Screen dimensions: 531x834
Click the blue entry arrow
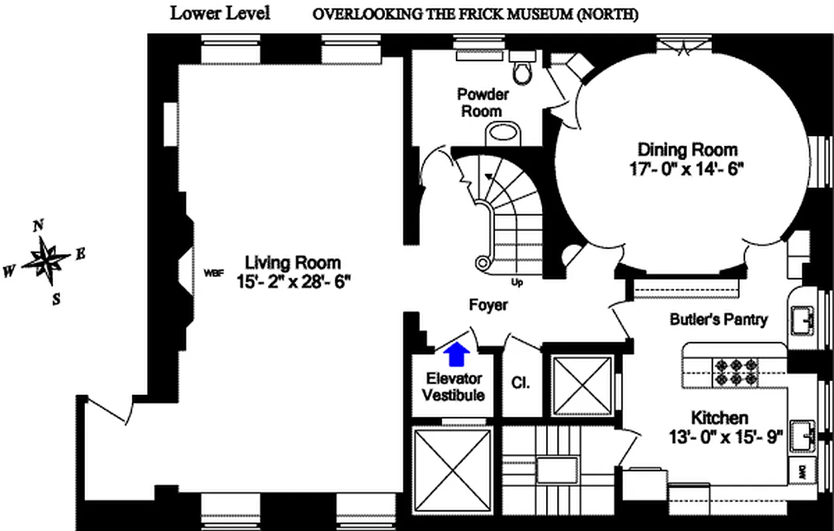pyautogui.click(x=456, y=354)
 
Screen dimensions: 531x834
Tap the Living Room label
pyautogui.click(x=293, y=262)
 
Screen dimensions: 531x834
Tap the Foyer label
pyautogui.click(x=488, y=305)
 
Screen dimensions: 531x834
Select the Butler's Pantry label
pyautogui.click(x=718, y=319)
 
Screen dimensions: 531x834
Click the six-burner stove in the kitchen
pyautogui.click(x=734, y=372)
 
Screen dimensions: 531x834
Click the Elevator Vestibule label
pyautogui.click(x=454, y=386)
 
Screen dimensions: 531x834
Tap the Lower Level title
pyautogui.click(x=220, y=13)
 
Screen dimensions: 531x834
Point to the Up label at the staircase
pyautogui.click(x=518, y=282)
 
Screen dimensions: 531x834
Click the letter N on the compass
pyautogui.click(x=38, y=225)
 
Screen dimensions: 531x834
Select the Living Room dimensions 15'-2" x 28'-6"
pyautogui.click(x=293, y=281)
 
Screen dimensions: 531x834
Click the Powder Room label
pyautogui.click(x=482, y=102)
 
